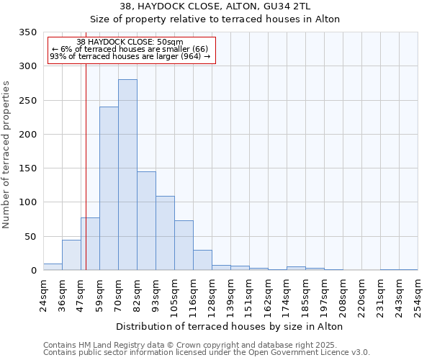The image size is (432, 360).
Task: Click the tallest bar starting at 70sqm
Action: click(x=127, y=175)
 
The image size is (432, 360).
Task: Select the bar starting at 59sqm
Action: click(x=109, y=189)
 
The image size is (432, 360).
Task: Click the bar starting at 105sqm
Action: click(x=184, y=246)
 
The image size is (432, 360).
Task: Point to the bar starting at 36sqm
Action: click(x=71, y=255)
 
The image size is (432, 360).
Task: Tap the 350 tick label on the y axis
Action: click(x=27, y=32)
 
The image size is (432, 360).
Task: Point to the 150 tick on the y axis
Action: click(x=27, y=168)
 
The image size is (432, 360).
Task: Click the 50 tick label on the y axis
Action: click(x=30, y=236)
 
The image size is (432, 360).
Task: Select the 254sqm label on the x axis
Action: click(x=418, y=293)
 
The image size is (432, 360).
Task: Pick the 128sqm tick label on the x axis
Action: click(x=212, y=293)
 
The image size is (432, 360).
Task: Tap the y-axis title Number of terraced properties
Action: click(x=7, y=155)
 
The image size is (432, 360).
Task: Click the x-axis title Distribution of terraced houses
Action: click(x=229, y=326)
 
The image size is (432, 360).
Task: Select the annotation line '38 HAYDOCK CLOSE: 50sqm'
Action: click(x=130, y=42)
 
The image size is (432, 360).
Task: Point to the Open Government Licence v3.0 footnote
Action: click(x=207, y=353)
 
